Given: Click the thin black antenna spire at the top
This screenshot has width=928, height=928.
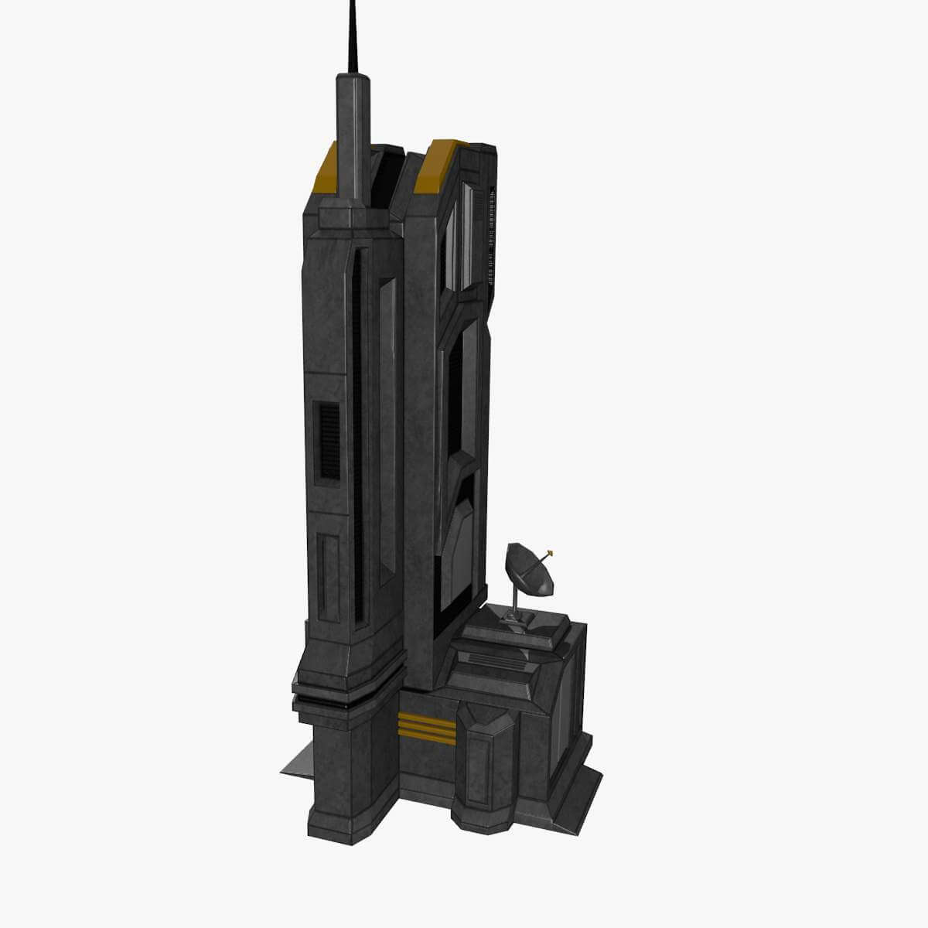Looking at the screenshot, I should tap(353, 39).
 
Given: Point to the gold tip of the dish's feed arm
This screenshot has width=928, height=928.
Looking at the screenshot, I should tap(550, 552).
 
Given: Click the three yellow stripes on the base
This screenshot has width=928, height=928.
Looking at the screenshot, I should tap(425, 728).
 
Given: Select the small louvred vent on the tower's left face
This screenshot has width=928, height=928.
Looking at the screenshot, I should tap(330, 439).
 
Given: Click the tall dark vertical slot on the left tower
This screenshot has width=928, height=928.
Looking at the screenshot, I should tap(357, 433).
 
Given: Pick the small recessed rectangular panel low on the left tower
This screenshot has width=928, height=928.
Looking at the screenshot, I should tap(329, 576).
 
